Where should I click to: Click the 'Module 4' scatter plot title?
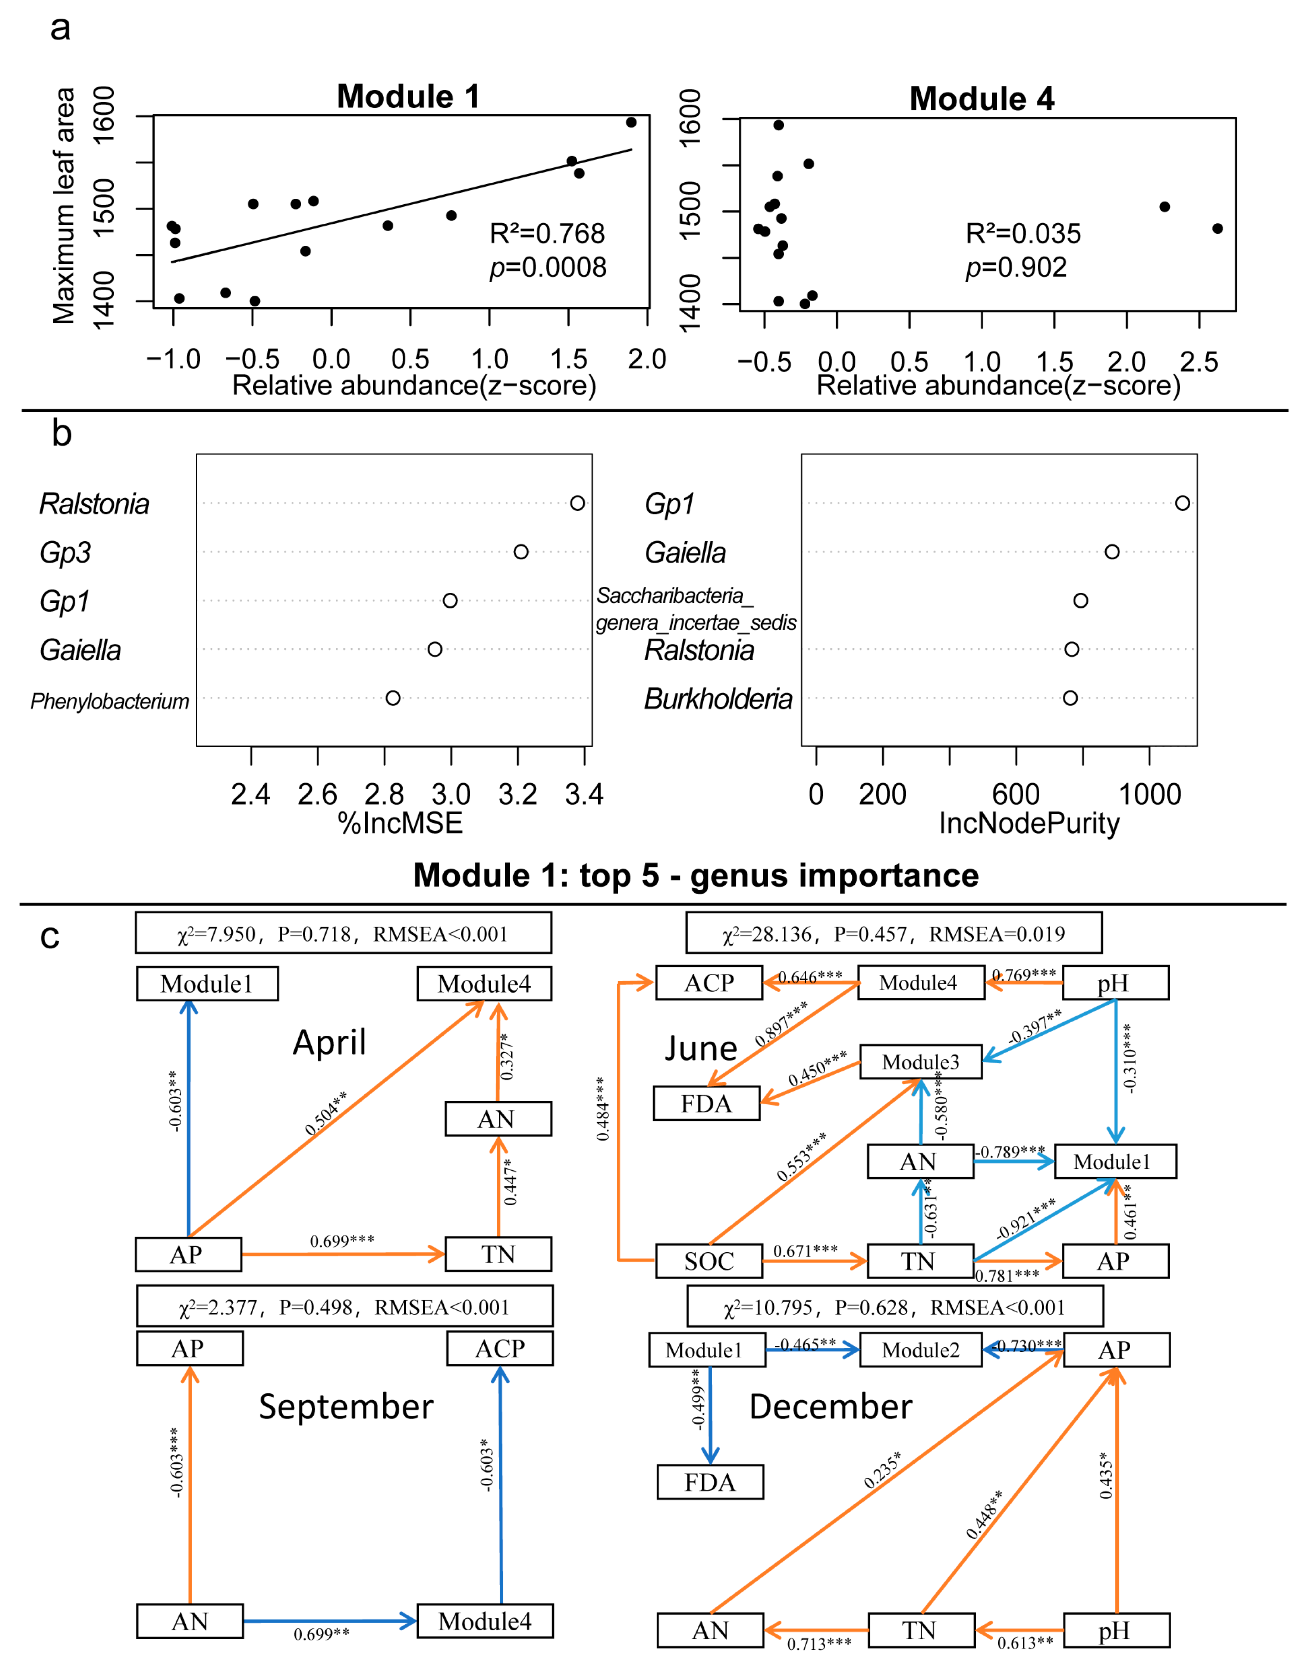pyautogui.click(x=982, y=99)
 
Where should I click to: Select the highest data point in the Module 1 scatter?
pyautogui.click(x=631, y=122)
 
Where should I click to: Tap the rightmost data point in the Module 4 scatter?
pyautogui.click(x=1218, y=228)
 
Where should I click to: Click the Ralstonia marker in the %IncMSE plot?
pyautogui.click(x=578, y=503)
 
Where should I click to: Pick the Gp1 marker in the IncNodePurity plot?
pyautogui.click(x=1182, y=503)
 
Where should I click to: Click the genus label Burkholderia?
pyautogui.click(x=718, y=699)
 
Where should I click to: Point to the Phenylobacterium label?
pyautogui.click(x=109, y=701)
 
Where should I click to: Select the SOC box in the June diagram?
pyautogui.click(x=709, y=1261)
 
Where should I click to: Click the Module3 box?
pyautogui.click(x=921, y=1062)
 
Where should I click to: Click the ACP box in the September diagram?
pyautogui.click(x=500, y=1348)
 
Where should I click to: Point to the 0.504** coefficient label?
pyautogui.click(x=325, y=1113)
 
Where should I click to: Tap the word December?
pyautogui.click(x=830, y=1406)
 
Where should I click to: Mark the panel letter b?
pyautogui.click(x=61, y=434)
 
